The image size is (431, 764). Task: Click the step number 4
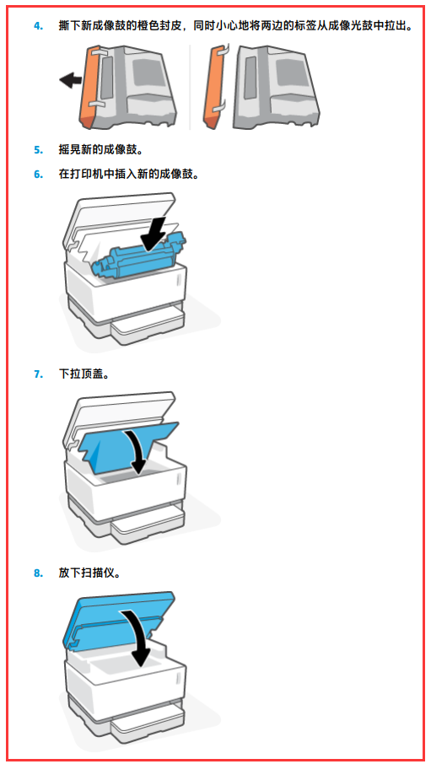coord(38,26)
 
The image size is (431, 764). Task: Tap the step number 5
coord(38,149)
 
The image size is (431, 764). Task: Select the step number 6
coord(38,174)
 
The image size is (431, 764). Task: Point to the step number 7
coord(38,374)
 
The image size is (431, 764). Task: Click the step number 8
coord(38,573)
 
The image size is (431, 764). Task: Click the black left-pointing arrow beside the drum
coord(70,80)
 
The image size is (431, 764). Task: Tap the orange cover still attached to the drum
coord(88,87)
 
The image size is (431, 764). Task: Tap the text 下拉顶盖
coord(84,374)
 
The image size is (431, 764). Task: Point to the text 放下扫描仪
coord(89,573)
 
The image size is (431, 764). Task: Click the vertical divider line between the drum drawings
coord(190,87)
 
